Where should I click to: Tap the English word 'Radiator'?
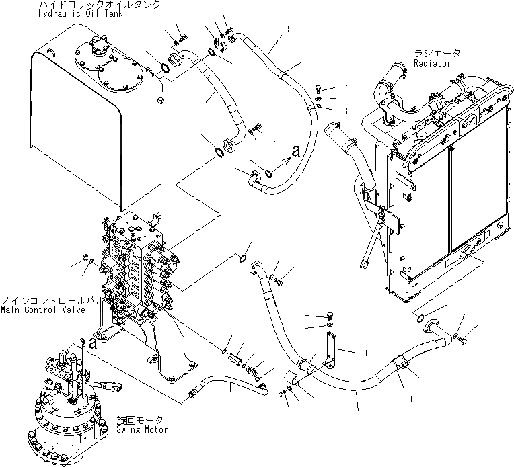433,63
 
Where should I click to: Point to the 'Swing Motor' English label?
142,429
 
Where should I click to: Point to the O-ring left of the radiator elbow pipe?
420,317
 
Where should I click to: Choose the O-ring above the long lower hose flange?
244,257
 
